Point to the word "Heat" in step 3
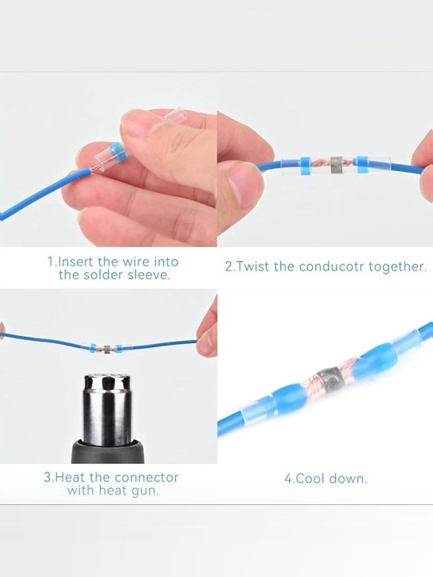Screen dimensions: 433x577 (71, 477)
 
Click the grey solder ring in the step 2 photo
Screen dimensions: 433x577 (336, 165)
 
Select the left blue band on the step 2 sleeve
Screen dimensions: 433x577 (306, 164)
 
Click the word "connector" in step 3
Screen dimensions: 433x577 (146, 477)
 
